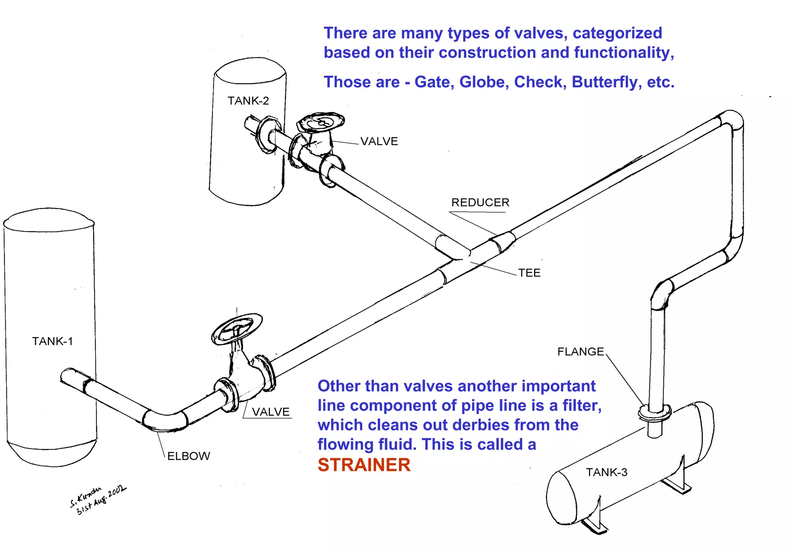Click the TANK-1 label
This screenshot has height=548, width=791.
52,341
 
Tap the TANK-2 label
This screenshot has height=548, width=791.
248,101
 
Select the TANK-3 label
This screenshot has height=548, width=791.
606,472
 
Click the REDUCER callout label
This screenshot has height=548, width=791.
480,203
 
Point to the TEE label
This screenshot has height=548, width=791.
529,273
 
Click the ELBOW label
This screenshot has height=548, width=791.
188,456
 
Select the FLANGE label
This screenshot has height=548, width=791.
580,352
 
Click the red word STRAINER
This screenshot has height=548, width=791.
364,465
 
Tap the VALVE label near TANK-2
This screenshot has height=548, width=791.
379,141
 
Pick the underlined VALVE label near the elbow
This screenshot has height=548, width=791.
270,412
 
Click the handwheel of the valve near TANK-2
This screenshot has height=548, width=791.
321,121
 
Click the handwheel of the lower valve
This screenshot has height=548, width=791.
237,329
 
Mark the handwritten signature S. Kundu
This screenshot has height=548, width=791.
86,497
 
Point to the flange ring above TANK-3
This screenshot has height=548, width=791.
654,413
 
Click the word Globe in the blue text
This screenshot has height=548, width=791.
484,82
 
